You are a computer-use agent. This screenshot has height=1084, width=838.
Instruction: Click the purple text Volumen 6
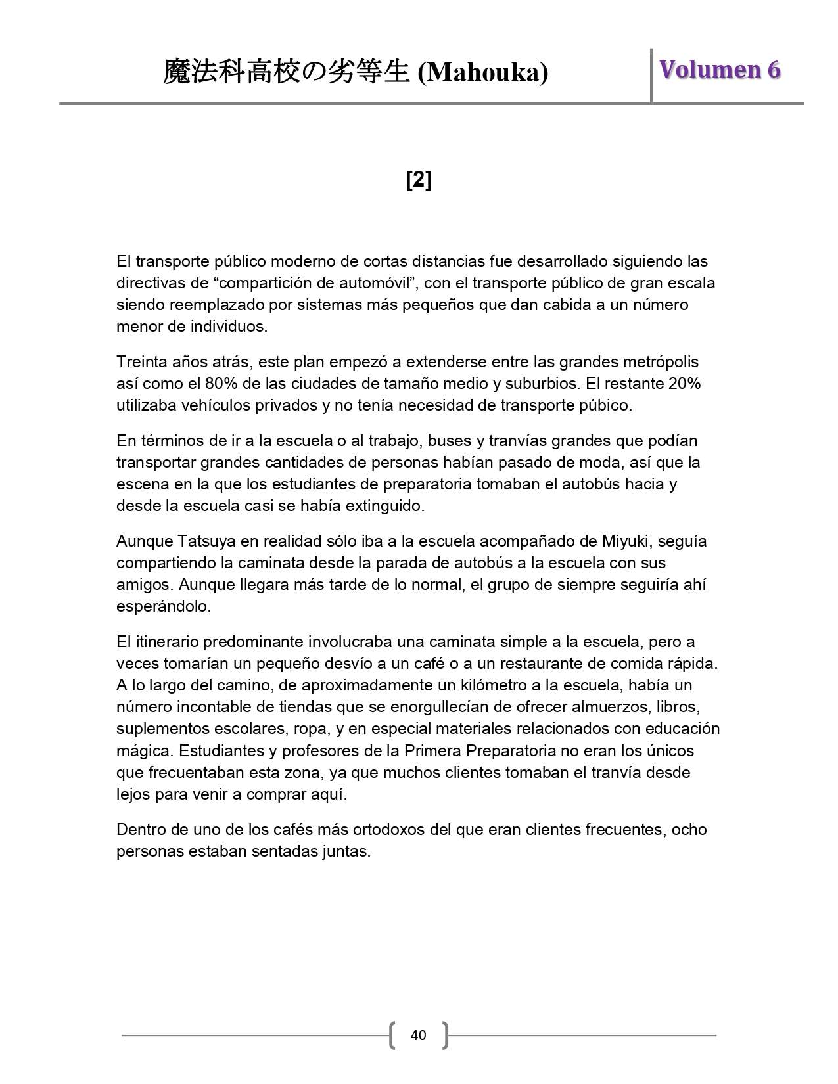720,70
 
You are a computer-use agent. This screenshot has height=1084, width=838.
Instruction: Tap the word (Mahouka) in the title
483,73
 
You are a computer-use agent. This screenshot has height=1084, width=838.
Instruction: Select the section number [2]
419,179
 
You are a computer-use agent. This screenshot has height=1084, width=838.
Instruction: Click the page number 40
418,1035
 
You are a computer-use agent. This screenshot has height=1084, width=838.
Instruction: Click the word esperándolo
164,606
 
